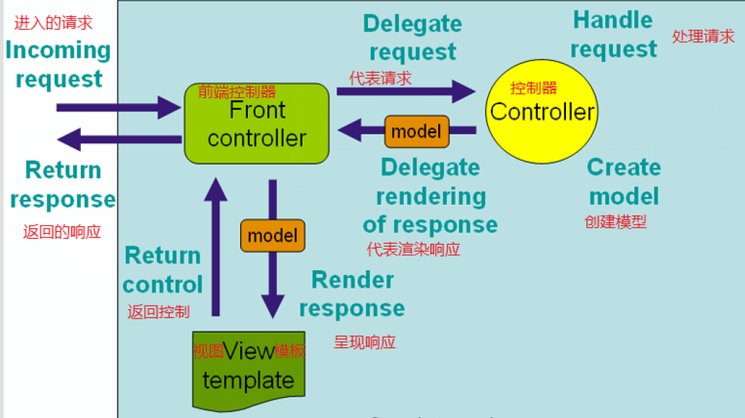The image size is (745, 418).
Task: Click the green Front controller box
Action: (x=256, y=124)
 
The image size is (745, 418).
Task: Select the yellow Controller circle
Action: (x=542, y=112)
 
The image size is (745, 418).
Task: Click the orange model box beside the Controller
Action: (x=417, y=132)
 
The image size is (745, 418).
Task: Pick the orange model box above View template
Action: (x=273, y=235)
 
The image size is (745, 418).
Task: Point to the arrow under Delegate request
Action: (x=406, y=91)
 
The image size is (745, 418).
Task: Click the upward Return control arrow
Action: (x=216, y=247)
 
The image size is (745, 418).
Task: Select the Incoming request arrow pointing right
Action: (x=119, y=107)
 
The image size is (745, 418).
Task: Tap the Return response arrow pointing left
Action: (x=119, y=139)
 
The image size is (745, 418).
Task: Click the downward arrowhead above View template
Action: (x=273, y=306)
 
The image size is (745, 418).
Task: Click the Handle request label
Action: (x=614, y=34)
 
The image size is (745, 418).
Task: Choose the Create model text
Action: (x=624, y=182)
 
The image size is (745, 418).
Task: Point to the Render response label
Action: (x=352, y=294)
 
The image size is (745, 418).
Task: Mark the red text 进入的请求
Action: (x=53, y=22)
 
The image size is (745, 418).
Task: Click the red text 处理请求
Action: (x=703, y=36)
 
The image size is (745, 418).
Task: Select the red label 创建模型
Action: (x=615, y=222)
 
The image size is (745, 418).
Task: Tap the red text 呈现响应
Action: (x=364, y=342)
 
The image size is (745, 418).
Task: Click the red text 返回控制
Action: (x=158, y=311)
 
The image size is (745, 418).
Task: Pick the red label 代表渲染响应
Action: (x=413, y=250)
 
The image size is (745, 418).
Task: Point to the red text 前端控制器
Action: (x=236, y=91)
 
